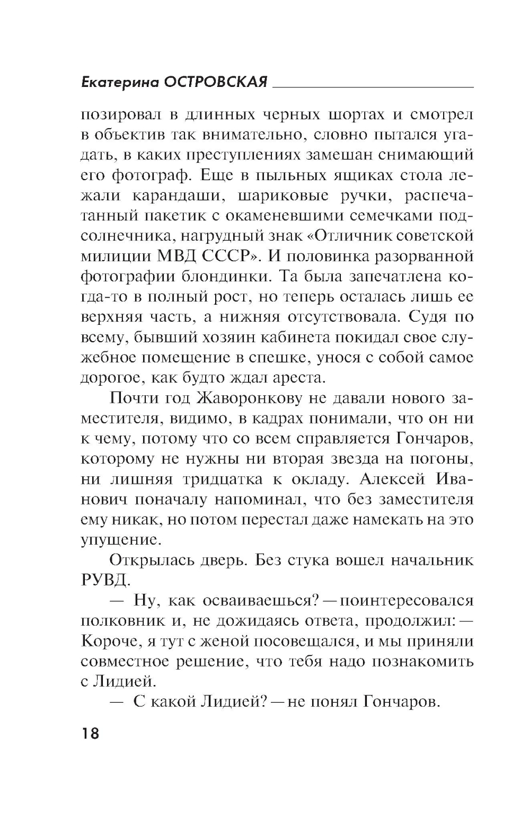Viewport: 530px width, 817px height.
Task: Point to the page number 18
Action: point(90,733)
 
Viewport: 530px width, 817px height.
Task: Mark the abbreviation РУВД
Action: point(104,581)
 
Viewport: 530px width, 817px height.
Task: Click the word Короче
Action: point(111,641)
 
